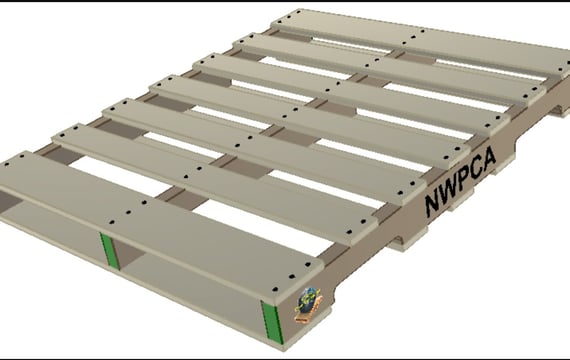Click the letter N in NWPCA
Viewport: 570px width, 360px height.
point(433,205)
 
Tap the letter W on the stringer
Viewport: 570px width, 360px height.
point(450,191)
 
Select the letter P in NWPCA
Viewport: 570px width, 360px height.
point(464,179)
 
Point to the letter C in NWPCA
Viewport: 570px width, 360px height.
point(476,169)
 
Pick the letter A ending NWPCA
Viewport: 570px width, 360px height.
point(489,157)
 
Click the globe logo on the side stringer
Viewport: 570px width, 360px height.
point(308,304)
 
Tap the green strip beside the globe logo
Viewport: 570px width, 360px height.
point(272,322)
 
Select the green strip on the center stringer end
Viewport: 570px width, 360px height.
point(109,251)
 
